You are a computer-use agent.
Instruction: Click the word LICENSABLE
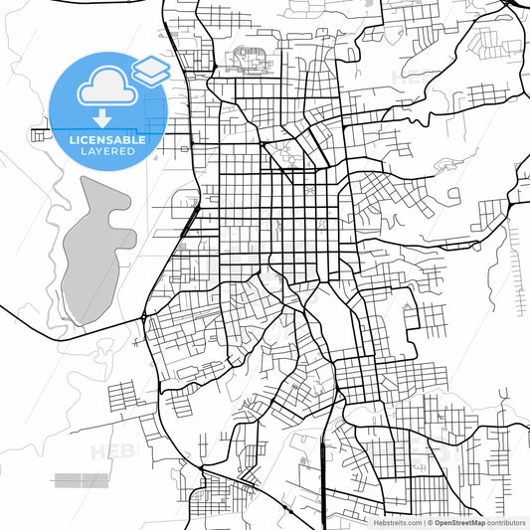point(107,140)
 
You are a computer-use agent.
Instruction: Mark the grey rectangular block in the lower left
point(82,480)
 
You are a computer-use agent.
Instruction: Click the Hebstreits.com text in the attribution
point(399,522)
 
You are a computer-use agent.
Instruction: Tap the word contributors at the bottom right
point(507,522)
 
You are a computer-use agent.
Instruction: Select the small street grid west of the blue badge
point(43,133)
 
